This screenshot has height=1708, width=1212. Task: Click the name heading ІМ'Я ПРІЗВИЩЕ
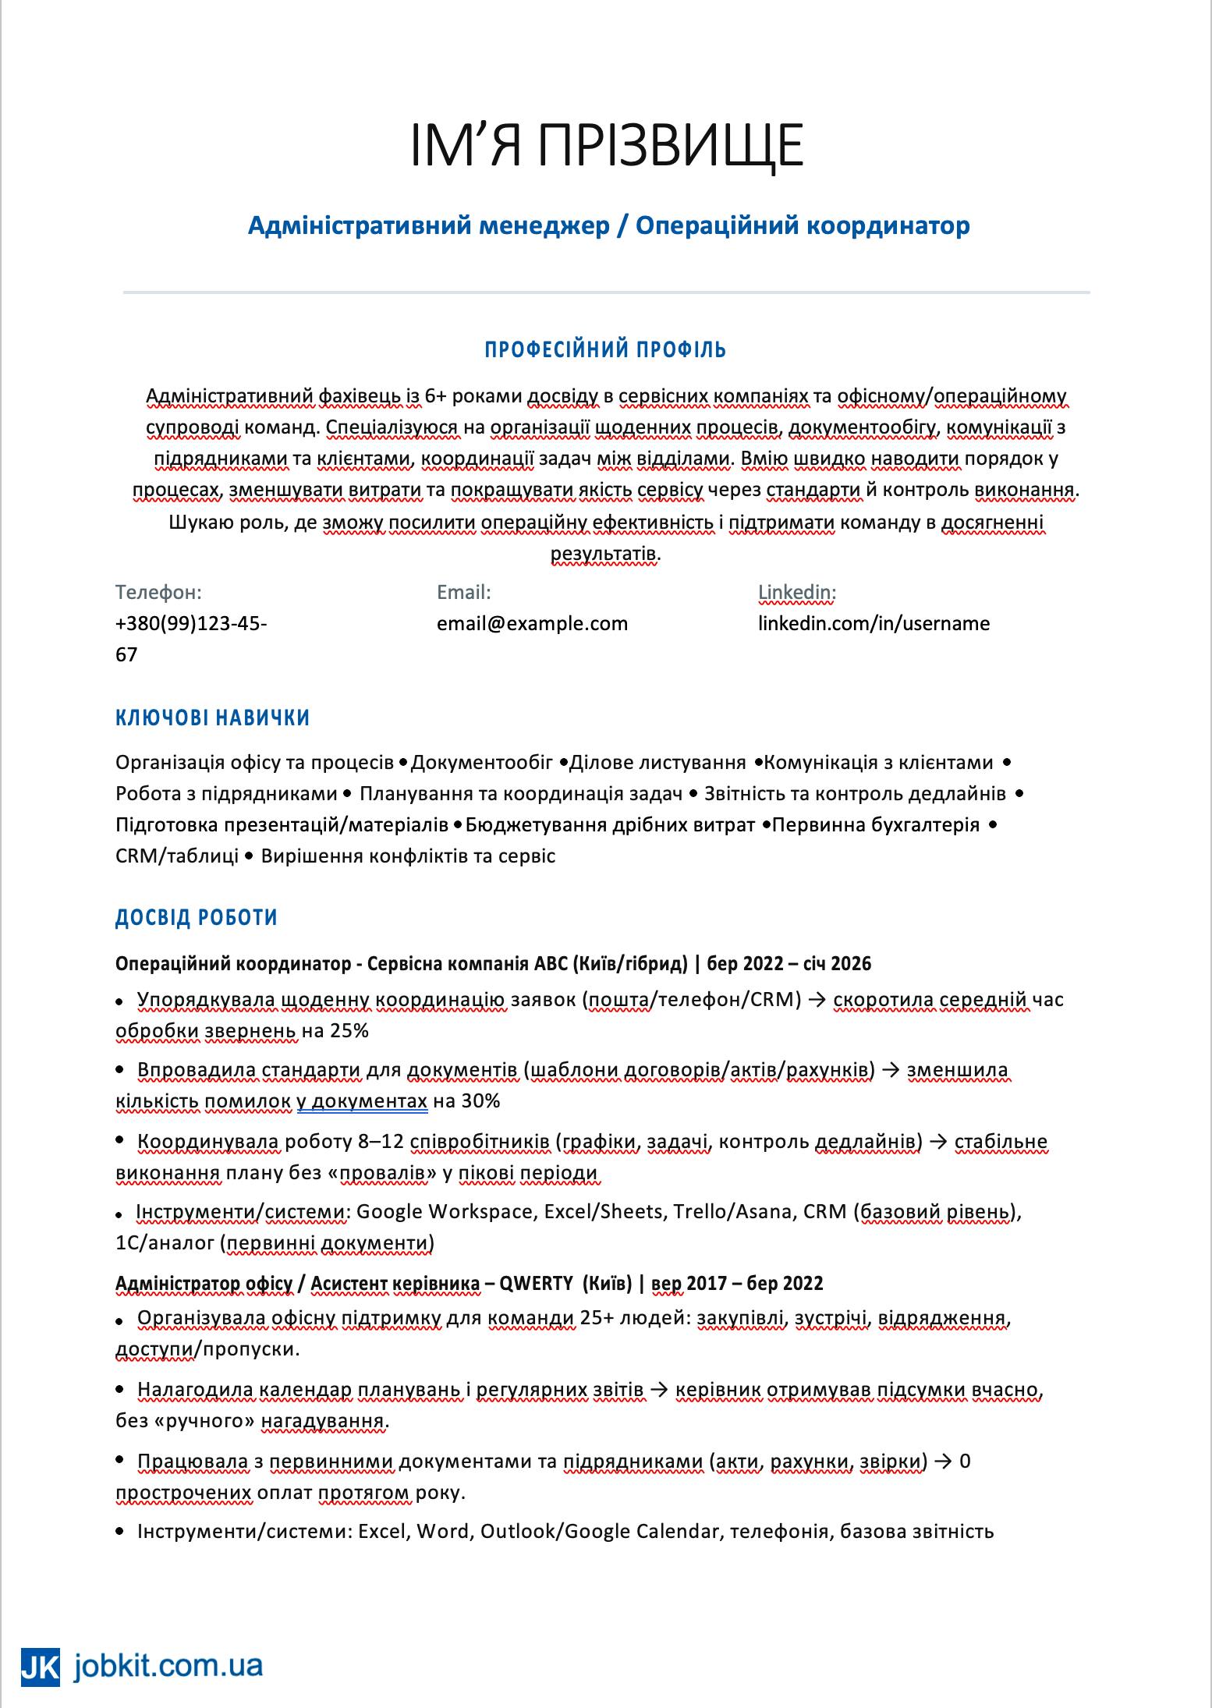pos(606,145)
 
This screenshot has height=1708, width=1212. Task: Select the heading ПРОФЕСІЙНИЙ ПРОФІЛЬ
pos(606,349)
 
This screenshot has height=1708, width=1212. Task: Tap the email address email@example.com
pos(532,624)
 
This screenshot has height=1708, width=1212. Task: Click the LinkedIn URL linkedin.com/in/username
pos(874,624)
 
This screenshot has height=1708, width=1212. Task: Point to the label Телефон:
pos(158,593)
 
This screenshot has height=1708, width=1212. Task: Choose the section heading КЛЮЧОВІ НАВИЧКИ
pos(213,718)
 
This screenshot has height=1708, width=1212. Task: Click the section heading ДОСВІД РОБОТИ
pos(197,917)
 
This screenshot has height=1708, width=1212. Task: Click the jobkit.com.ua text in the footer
pos(168,1667)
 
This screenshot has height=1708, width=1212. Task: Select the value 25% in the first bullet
pos(349,1031)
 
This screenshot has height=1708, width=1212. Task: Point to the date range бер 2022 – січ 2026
pos(789,964)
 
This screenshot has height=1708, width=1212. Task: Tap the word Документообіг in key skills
pos(481,762)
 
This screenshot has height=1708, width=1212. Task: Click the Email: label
pos(464,593)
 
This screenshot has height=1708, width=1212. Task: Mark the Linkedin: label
pos(797,593)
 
